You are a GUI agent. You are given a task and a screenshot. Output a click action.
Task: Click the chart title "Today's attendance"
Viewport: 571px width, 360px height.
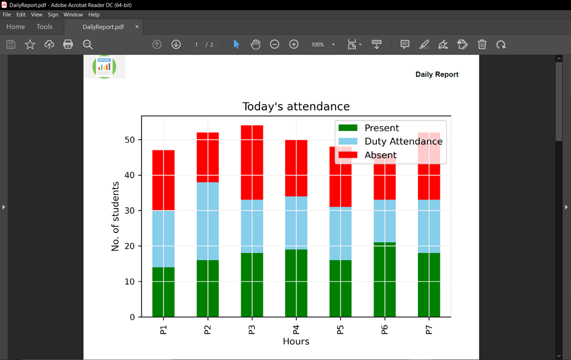tap(296, 107)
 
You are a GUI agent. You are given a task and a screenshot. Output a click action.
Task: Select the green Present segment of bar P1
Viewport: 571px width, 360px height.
tap(163, 292)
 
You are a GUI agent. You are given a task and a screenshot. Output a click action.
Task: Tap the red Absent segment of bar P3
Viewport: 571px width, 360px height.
tap(252, 162)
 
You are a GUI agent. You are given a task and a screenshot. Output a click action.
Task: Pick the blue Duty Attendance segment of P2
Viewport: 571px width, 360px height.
tap(207, 221)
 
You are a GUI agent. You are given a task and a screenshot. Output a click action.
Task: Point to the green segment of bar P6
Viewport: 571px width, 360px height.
tap(384, 280)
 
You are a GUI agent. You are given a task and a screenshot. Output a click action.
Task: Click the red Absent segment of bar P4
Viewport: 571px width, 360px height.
tap(296, 168)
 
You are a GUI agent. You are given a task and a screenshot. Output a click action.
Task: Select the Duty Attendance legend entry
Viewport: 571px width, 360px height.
tap(403, 141)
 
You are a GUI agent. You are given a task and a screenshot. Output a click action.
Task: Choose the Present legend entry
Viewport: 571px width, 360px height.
tap(381, 128)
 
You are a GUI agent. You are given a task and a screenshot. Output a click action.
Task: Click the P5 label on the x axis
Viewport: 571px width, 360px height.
tap(340, 329)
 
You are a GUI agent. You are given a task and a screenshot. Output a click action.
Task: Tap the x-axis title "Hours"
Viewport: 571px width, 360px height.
tap(296, 341)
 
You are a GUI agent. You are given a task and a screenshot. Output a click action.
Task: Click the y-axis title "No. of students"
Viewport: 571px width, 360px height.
tap(116, 216)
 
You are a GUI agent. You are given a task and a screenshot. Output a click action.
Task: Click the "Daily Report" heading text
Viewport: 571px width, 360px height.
tap(437, 74)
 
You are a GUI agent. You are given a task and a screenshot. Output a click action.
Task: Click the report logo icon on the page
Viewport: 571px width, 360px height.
tap(104, 67)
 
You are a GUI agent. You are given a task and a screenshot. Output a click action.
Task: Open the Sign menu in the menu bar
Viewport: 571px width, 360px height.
tap(53, 15)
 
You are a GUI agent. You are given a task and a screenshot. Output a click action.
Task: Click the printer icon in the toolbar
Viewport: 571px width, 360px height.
tap(68, 44)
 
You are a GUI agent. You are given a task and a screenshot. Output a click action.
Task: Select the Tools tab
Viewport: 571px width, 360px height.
tap(44, 27)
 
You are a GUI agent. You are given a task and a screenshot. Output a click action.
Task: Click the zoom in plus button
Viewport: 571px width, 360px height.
tap(294, 44)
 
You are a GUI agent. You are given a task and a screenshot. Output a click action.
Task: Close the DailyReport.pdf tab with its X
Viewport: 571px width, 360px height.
tap(137, 27)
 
